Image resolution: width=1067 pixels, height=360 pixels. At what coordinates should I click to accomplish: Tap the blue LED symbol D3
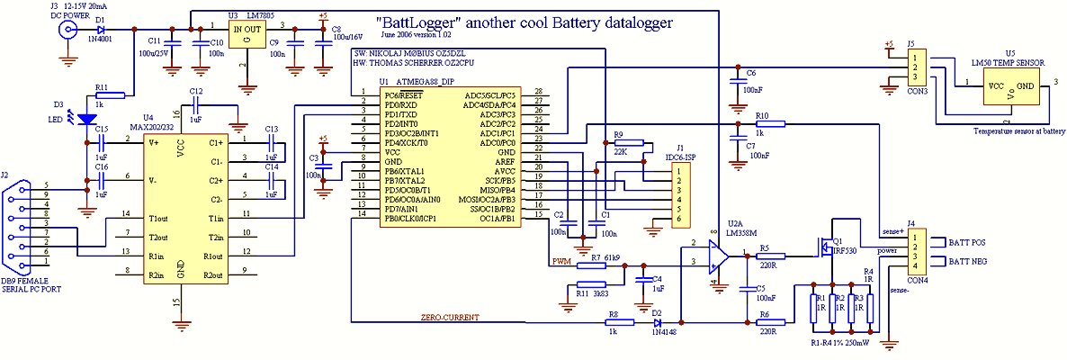86,118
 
